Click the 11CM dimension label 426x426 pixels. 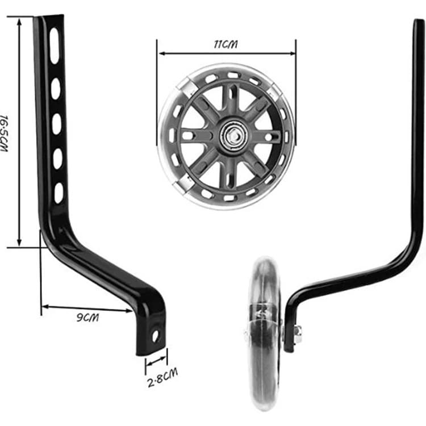coord(225,44)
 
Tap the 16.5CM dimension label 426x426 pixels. coord(4,133)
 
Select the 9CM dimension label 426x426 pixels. coord(87,318)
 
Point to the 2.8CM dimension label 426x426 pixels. coord(162,377)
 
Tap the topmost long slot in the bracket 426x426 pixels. coord(55,46)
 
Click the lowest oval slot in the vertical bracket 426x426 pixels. coord(59,193)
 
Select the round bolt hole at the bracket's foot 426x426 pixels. coord(156,336)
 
